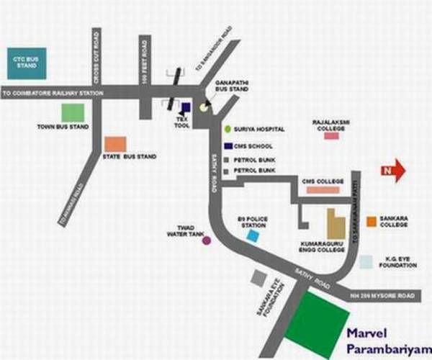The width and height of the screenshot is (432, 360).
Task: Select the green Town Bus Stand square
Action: (72, 112)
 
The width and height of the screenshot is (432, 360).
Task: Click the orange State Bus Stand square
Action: (115, 144)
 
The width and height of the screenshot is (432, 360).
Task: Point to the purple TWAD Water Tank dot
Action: (207, 240)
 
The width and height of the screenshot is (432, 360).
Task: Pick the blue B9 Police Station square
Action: (252, 235)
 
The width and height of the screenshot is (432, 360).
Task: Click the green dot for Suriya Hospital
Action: (228, 129)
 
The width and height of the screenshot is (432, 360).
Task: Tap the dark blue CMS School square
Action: (228, 146)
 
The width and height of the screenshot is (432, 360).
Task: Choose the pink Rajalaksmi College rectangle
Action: (331, 135)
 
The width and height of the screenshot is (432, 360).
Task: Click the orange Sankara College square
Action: (371, 221)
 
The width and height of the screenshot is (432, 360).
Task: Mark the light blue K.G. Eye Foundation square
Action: (366, 262)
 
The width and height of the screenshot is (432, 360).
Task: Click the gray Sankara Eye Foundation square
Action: (258, 276)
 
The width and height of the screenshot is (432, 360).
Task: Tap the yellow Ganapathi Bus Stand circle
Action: (205, 107)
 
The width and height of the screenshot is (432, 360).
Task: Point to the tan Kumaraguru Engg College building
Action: (335, 225)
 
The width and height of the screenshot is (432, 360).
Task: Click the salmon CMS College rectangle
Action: (323, 190)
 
